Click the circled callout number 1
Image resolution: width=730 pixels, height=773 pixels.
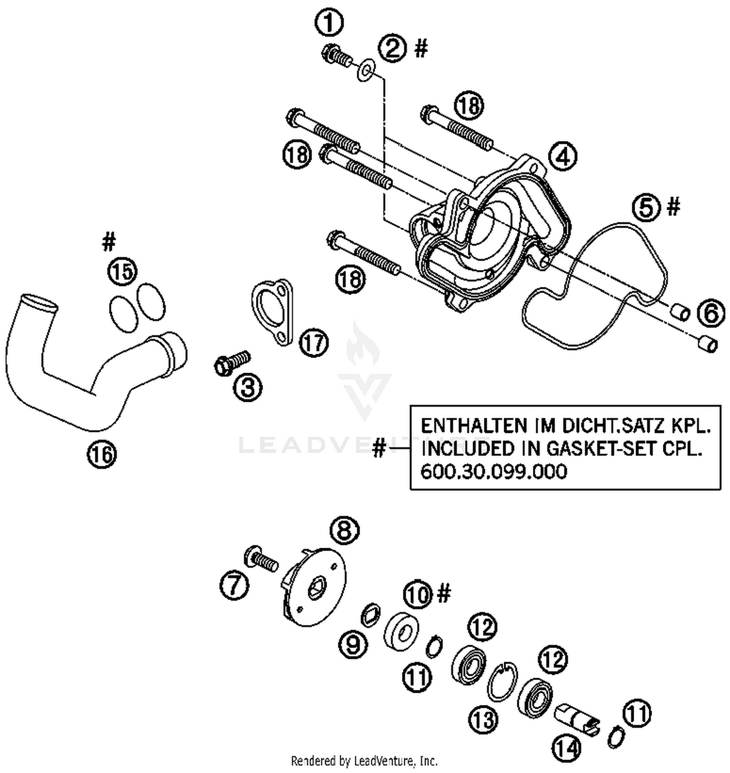(x=329, y=22)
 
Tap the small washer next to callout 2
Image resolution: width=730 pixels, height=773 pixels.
(x=365, y=71)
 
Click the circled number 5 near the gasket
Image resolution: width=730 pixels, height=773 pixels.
(x=647, y=208)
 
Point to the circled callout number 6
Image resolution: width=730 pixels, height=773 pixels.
(x=711, y=314)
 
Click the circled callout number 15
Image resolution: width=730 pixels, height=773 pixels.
(x=123, y=271)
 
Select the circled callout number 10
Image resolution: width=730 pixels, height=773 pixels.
(x=418, y=594)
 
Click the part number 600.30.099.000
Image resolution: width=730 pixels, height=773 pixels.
(x=493, y=472)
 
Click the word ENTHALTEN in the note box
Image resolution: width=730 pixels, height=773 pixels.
(x=474, y=426)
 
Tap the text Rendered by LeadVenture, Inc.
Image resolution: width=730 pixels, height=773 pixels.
(x=364, y=760)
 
